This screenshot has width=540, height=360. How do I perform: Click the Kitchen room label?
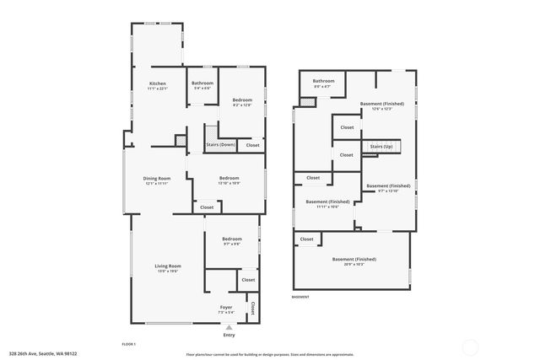[158, 83]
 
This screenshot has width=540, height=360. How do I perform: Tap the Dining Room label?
[157, 178]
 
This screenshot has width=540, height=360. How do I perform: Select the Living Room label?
[169, 266]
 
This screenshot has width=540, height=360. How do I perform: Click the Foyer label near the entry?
[226, 307]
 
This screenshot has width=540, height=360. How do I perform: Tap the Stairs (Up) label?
[381, 147]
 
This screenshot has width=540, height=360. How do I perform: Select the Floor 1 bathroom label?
[202, 83]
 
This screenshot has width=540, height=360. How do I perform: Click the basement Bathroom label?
[325, 81]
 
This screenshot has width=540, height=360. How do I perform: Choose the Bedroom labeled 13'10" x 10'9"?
[229, 178]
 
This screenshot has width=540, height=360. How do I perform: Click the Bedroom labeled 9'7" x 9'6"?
[232, 239]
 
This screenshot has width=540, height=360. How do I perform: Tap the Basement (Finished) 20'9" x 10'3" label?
[354, 259]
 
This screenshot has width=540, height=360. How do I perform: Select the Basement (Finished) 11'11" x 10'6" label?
[328, 202]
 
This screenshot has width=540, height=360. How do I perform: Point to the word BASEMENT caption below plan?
[300, 297]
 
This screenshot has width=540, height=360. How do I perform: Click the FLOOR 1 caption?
[129, 344]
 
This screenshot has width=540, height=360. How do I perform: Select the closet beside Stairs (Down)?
[252, 145]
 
